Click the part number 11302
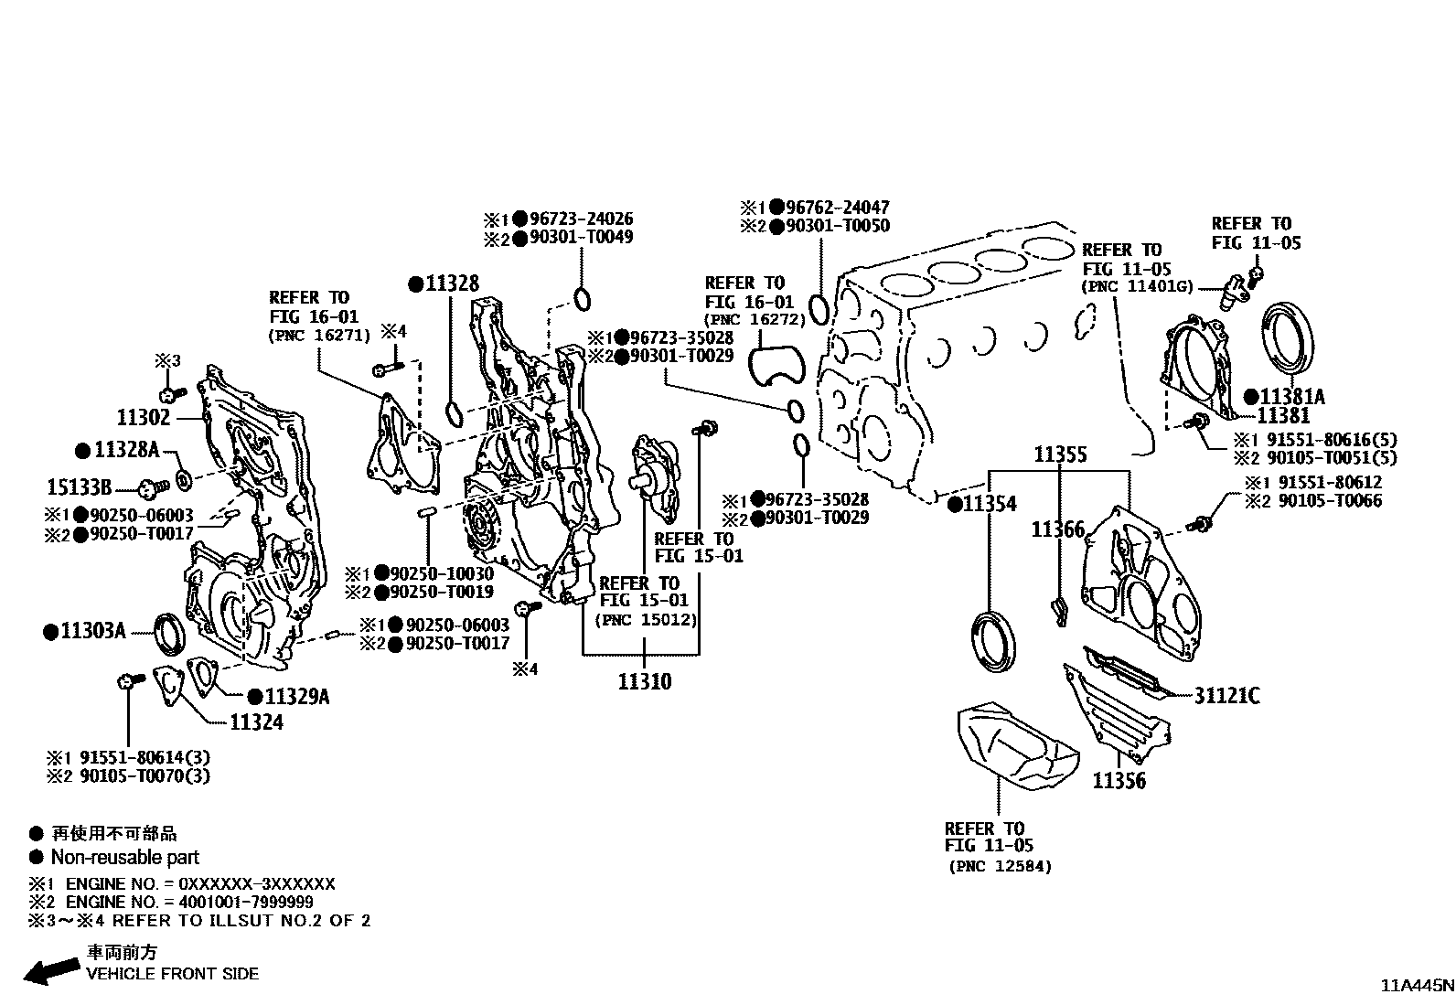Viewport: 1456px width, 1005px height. (144, 418)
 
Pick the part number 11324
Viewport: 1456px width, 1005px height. (256, 722)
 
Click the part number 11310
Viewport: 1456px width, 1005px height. (644, 681)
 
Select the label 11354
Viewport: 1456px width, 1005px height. (989, 504)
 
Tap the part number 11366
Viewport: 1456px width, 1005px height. (1057, 529)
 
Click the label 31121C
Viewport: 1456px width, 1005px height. (1226, 696)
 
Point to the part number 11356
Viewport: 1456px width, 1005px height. (1119, 781)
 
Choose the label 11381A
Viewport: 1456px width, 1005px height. (1290, 397)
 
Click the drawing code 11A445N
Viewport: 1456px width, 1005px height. (1416, 986)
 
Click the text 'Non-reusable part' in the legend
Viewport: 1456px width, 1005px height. (124, 858)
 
